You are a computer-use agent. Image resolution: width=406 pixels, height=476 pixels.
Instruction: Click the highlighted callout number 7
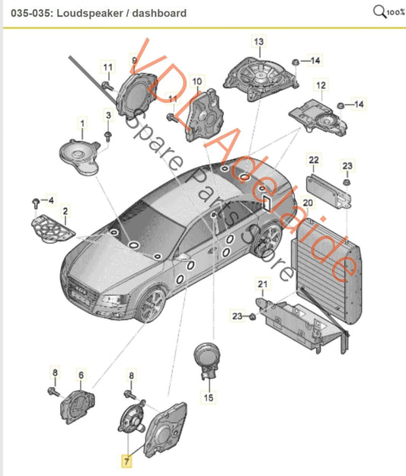127,461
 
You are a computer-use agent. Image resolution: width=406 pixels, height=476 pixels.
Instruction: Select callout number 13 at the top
257,41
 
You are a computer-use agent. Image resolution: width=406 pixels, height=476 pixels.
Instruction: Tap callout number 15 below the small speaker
209,396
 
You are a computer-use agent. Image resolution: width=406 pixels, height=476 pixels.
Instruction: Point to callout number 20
308,203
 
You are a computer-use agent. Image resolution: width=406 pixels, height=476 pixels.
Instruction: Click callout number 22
313,160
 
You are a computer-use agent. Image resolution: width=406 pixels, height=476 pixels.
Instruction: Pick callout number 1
80,122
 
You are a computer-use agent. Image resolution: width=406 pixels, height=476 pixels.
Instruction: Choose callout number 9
134,59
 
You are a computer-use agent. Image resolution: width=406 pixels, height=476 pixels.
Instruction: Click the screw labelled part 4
36,202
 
